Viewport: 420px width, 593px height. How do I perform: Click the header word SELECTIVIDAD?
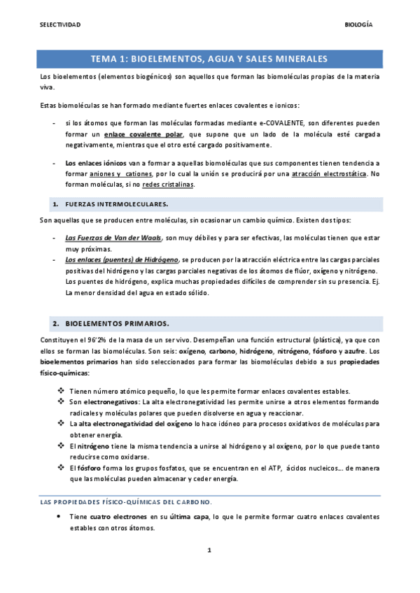[x=60, y=24]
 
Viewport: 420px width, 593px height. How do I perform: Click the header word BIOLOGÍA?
[x=359, y=24]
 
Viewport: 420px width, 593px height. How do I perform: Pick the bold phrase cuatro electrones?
[x=118, y=517]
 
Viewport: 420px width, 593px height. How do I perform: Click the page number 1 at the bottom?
[x=209, y=571]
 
